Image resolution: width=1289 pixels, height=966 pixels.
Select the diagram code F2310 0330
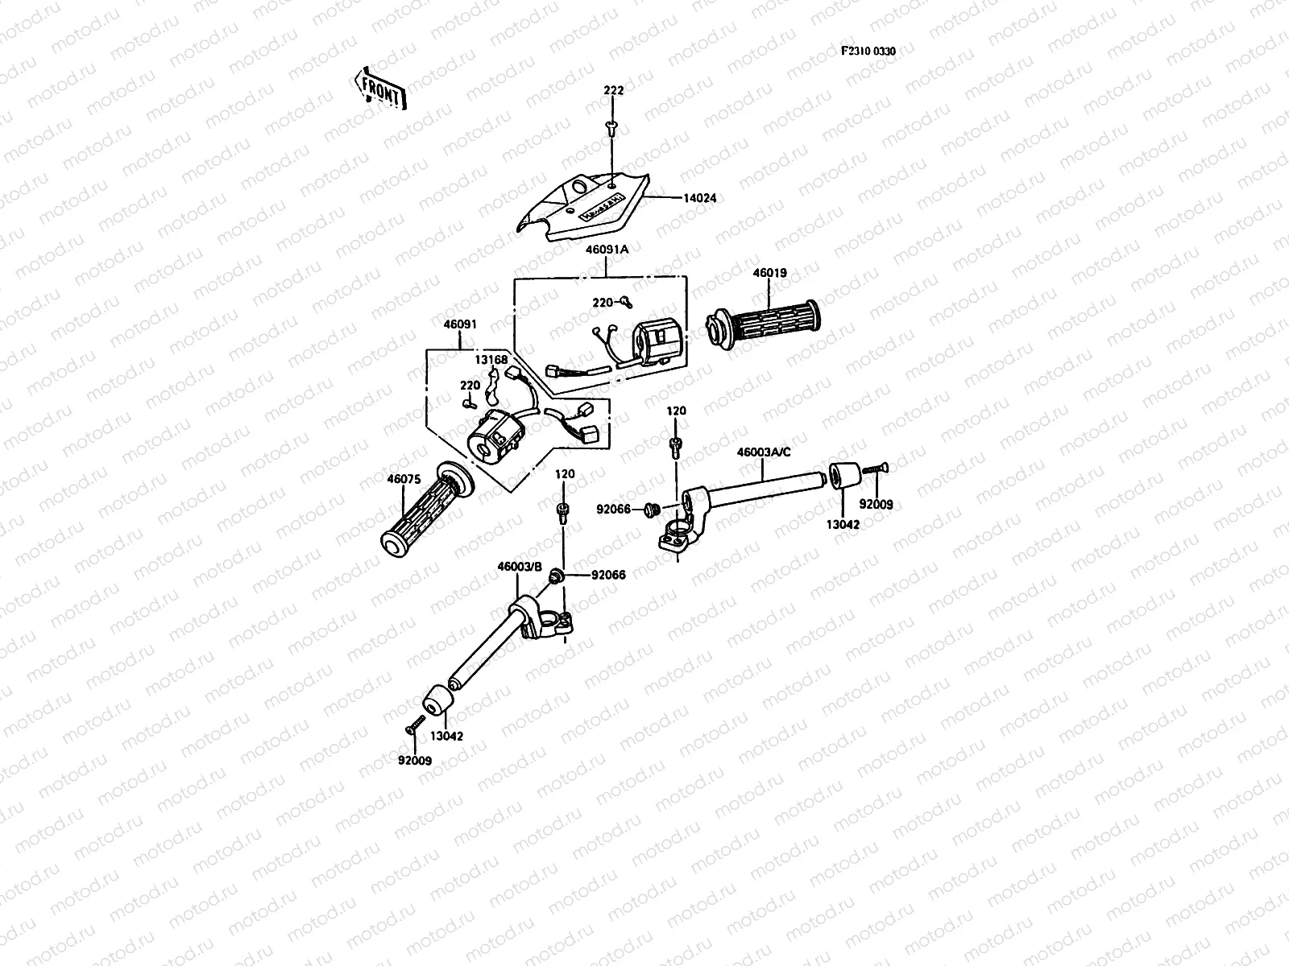(868, 51)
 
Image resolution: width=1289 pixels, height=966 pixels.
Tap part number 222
(613, 91)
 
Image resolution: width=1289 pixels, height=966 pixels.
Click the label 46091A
(607, 250)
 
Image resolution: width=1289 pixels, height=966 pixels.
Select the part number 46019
(769, 273)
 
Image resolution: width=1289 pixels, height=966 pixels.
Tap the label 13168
(491, 360)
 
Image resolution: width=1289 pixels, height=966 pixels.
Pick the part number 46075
(404, 479)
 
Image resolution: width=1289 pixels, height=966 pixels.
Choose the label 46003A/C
(764, 452)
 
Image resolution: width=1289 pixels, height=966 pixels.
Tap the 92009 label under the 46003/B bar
(413, 758)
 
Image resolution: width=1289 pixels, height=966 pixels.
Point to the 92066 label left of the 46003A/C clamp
(613, 509)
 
